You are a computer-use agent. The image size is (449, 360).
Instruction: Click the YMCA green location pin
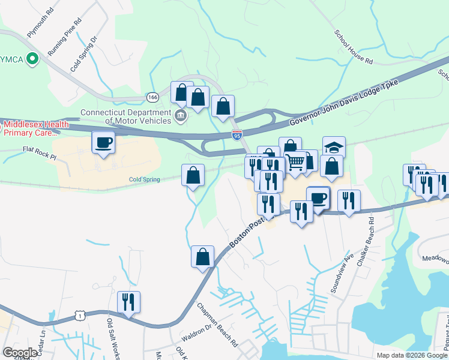point(33,59)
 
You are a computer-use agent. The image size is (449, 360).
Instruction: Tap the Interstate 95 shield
point(238,135)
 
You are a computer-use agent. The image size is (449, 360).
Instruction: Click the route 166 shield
point(153,97)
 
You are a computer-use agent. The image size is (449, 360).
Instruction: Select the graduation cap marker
point(334,147)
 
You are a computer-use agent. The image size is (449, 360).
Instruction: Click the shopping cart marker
point(295,161)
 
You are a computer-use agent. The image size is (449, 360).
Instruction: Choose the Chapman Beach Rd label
point(217,325)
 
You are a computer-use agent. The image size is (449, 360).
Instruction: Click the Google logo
point(20,353)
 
